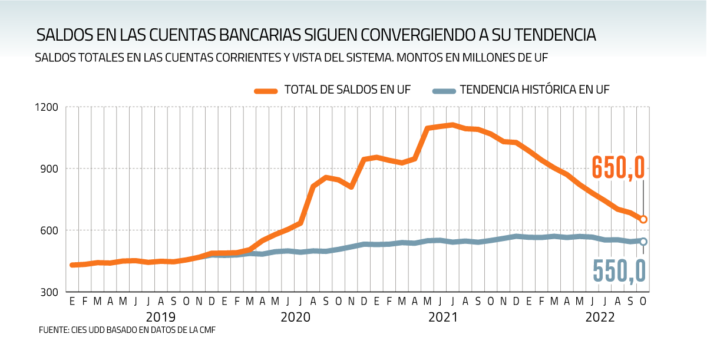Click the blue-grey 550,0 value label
(x=619, y=272)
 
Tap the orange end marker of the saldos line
(x=643, y=219)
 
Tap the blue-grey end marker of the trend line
(x=643, y=242)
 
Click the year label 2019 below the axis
(x=160, y=317)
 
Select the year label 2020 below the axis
(x=295, y=317)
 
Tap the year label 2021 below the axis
(x=443, y=317)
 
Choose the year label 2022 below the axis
(x=599, y=317)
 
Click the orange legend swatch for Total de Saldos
(x=266, y=91)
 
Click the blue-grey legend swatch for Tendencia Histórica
(x=444, y=91)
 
